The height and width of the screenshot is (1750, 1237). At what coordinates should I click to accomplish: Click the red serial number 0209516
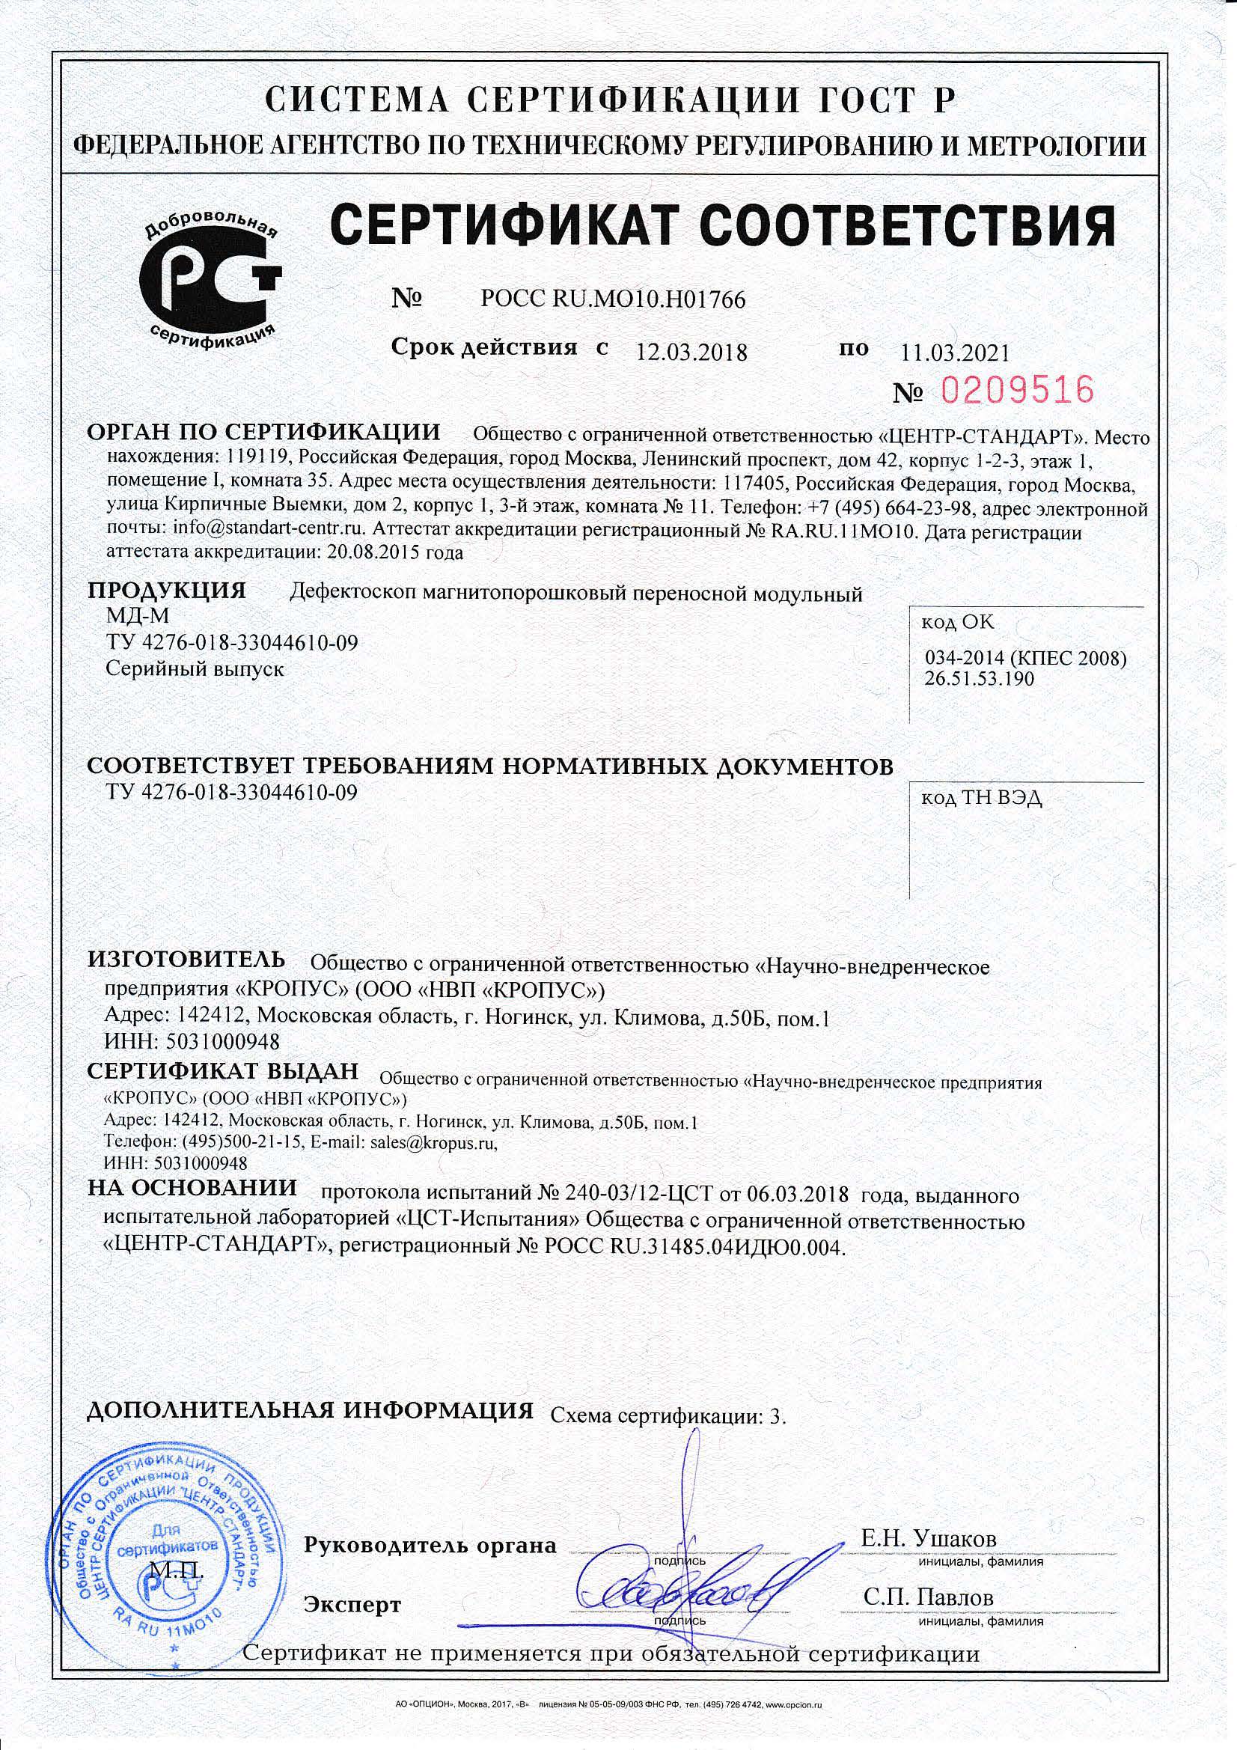click(x=1017, y=390)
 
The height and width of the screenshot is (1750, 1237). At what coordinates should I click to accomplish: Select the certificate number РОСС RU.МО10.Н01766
click(x=613, y=299)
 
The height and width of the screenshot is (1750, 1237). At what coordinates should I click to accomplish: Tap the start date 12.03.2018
click(x=691, y=351)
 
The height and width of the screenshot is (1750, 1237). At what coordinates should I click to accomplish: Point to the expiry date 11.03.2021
click(x=954, y=352)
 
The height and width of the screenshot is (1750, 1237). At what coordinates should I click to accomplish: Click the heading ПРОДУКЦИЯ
click(x=166, y=591)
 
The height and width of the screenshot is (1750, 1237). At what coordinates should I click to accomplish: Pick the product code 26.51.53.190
click(x=980, y=678)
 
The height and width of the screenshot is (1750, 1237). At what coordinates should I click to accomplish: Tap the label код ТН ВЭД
click(x=981, y=798)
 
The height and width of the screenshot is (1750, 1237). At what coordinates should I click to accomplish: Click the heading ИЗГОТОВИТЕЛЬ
click(x=186, y=959)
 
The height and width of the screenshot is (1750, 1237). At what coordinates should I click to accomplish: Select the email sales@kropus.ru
click(x=433, y=1142)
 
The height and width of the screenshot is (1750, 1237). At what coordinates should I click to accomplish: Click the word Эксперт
click(x=352, y=1606)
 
